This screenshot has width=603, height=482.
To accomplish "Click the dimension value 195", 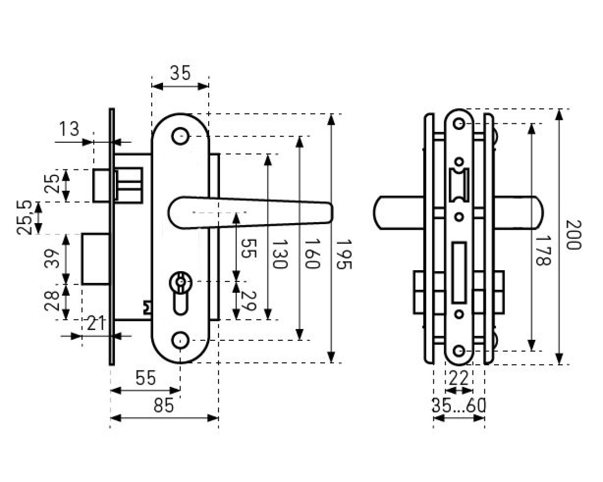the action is (343, 254).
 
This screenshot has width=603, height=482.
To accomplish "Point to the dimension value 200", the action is (574, 235).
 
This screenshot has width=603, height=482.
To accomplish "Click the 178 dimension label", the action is (543, 251).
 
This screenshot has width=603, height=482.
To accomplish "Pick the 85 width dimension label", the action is (163, 405).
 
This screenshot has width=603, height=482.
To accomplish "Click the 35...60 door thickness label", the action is (459, 405).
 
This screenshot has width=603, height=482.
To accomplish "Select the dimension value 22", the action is (459, 378).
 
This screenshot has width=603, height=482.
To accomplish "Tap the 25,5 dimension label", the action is (24, 217).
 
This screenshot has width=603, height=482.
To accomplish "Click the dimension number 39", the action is (52, 258).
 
